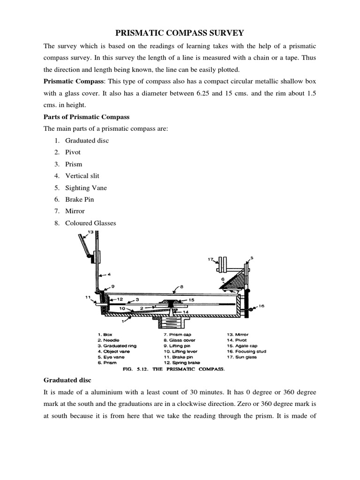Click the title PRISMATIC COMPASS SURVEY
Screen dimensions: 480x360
click(x=180, y=33)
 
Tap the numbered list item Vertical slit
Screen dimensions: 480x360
click(x=82, y=176)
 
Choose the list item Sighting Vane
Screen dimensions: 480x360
click(x=86, y=187)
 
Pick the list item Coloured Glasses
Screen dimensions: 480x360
click(x=90, y=223)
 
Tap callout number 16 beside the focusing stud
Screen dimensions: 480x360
click(x=261, y=306)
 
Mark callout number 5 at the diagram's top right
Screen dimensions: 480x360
click(x=252, y=258)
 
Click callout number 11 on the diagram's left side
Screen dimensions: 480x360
click(x=87, y=297)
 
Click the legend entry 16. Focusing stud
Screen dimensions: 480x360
click(x=245, y=351)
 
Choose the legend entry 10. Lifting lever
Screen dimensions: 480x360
click(x=180, y=351)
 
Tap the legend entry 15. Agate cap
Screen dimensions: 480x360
click(x=242, y=345)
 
